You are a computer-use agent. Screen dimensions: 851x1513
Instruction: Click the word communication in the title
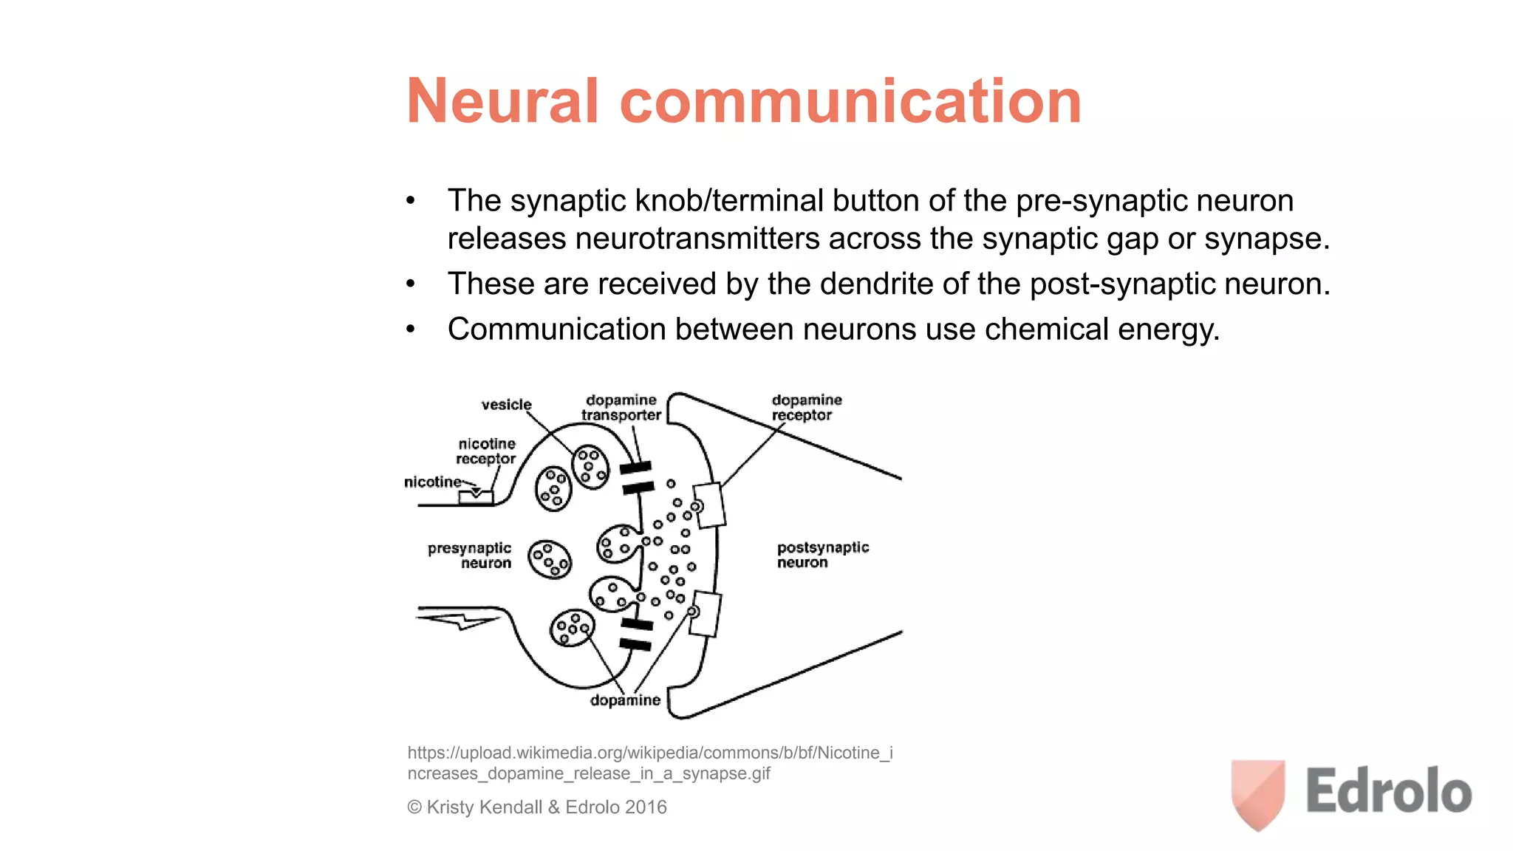850,101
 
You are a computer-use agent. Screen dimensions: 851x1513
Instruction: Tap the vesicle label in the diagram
506,405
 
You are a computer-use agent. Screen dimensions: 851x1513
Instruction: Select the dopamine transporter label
621,408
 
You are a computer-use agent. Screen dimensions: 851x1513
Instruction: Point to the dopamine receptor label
806,408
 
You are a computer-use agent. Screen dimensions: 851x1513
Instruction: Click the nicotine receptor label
485,451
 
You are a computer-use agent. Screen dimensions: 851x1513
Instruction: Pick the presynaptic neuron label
470,556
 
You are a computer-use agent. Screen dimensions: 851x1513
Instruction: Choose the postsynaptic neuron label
822,555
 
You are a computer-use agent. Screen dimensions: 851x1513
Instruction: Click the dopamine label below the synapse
625,700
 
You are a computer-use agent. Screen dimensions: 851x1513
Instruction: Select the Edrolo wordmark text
1388,791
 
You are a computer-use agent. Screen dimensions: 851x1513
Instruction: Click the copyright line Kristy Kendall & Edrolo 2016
537,807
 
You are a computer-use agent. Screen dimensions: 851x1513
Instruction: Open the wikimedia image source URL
649,763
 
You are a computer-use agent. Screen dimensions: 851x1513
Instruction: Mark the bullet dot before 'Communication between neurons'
411,329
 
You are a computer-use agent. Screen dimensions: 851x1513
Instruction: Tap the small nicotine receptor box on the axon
475,496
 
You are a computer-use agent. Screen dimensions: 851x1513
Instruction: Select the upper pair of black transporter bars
637,477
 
